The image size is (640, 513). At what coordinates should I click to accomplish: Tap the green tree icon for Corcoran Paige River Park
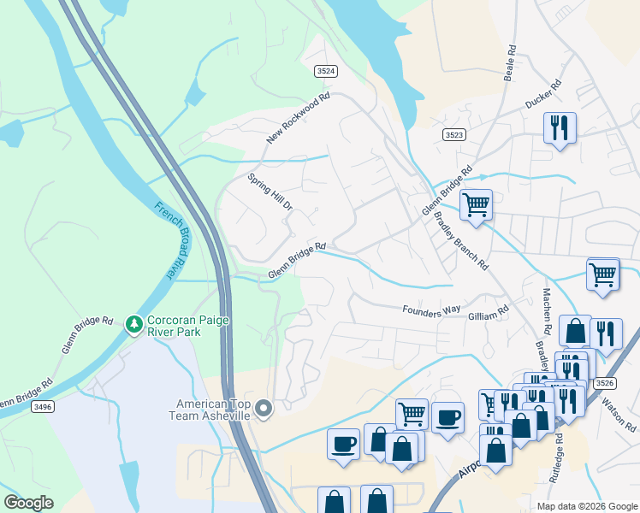point(133,324)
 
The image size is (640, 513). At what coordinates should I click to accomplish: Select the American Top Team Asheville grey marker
point(264,410)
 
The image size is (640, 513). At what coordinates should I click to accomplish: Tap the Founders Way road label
point(432,309)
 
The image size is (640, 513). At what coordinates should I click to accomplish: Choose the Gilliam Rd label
point(489,315)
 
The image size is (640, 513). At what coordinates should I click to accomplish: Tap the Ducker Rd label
point(542,95)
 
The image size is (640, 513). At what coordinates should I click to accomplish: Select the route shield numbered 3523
point(454,135)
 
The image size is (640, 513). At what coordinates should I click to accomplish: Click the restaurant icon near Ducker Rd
point(560,128)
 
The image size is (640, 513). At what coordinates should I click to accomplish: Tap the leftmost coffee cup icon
point(344,444)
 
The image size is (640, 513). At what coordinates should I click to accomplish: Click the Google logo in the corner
point(28,503)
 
